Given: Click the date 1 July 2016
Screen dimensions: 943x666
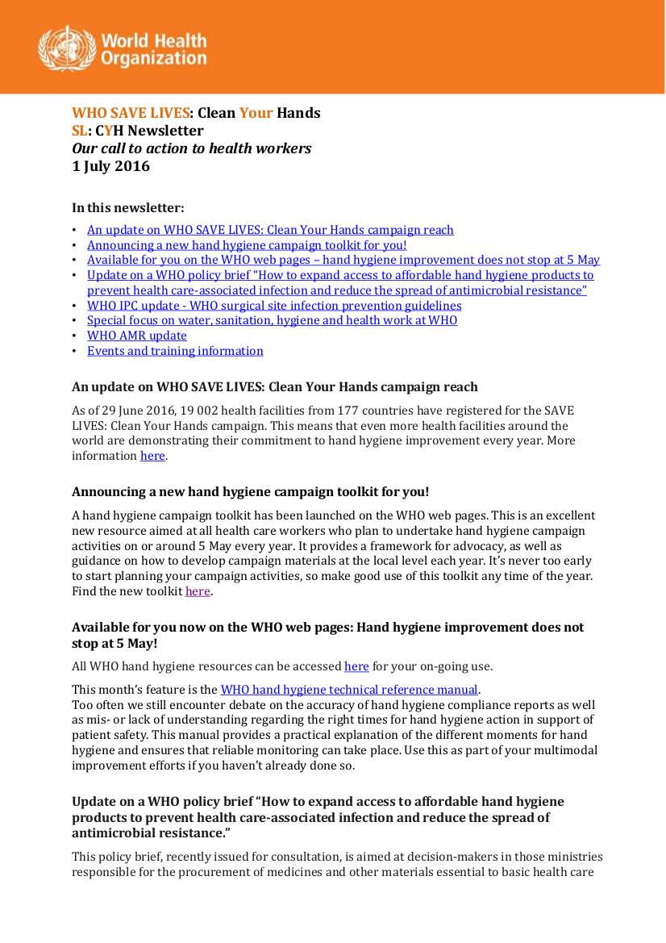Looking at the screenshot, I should coord(110,167).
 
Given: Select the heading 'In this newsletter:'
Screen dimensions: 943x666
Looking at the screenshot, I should coord(127,207).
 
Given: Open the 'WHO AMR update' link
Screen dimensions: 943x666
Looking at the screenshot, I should coord(137,336).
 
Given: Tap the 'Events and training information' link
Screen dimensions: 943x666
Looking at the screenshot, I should coord(175,351).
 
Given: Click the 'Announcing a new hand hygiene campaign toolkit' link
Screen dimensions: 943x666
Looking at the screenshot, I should coord(247,245).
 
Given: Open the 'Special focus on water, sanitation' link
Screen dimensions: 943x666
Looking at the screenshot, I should coord(272,320).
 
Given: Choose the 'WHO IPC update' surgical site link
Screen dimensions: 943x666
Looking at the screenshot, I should coord(274,306).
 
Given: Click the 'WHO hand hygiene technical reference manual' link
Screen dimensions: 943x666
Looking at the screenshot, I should coord(350,690).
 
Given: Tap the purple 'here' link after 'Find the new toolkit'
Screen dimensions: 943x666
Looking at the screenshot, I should coord(198,591).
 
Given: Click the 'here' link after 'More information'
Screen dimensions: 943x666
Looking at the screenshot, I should coord(152,456).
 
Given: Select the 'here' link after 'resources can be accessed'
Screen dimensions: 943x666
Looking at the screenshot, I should coord(356,666).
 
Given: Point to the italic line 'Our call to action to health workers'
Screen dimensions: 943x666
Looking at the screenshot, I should coord(192,148).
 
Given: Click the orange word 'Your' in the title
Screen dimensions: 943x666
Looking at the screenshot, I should coord(256,113).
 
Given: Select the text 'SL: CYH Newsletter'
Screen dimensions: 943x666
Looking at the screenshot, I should coord(138,131).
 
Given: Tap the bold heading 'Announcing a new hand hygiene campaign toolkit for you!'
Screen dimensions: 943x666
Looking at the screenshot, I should coord(250,491).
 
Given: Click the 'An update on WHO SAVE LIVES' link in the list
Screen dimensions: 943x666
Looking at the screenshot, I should coord(270,230).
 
